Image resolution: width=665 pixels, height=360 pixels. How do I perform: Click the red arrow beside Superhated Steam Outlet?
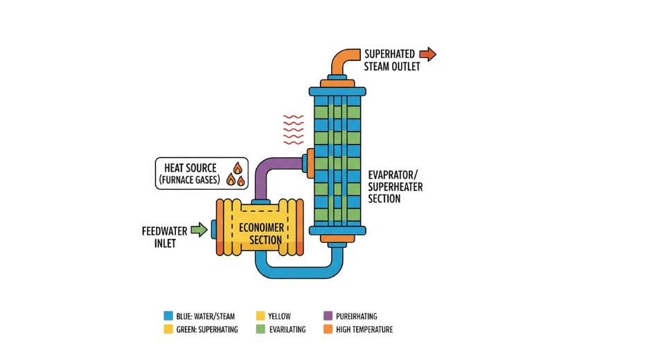click(427, 54)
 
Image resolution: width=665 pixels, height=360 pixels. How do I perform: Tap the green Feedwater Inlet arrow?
click(199, 229)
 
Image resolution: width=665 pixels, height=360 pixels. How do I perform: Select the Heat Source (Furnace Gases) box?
click(201, 174)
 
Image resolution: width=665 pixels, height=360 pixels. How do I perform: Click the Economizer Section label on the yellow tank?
click(260, 235)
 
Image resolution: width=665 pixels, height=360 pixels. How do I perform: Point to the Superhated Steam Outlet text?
click(391, 60)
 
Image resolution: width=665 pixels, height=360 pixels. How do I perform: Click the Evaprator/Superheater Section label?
click(395, 187)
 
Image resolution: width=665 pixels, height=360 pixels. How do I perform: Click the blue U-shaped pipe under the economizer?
click(298, 269)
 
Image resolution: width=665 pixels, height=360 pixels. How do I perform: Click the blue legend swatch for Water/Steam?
click(168, 316)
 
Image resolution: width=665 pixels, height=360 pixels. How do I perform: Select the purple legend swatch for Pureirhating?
click(328, 316)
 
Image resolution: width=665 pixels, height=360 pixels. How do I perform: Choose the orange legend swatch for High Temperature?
click(328, 330)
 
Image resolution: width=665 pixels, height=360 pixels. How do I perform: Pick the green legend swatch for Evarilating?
click(260, 330)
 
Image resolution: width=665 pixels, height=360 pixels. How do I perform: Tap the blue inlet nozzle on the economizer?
click(213, 228)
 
